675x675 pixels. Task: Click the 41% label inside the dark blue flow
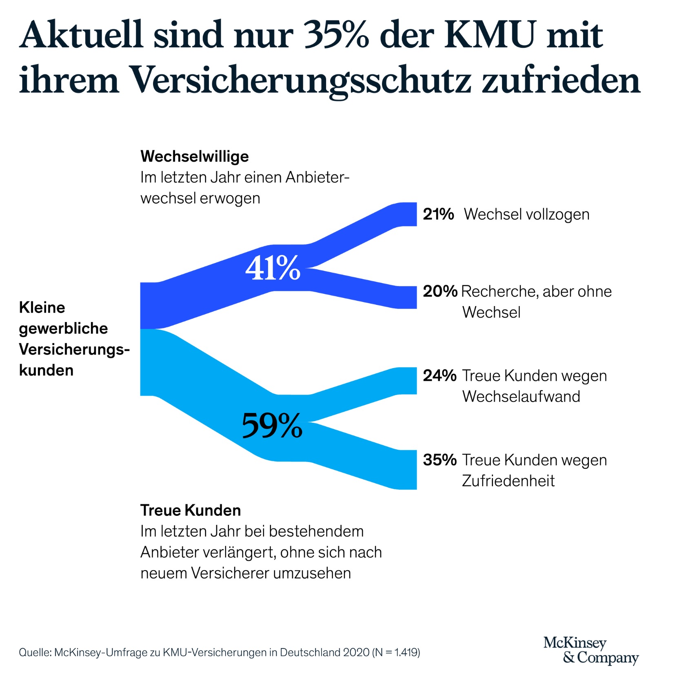(273, 268)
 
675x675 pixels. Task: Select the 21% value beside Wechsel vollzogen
(438, 214)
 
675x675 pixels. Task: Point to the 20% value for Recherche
(440, 291)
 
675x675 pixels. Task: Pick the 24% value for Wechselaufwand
(440, 375)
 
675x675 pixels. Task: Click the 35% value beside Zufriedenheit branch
(440, 460)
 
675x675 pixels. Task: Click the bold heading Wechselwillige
(194, 156)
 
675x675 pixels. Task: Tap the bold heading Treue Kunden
(191, 510)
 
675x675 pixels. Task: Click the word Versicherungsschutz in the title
(300, 80)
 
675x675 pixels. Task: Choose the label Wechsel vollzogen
(526, 214)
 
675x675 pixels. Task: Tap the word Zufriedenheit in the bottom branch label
(508, 481)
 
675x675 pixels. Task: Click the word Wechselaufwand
(521, 396)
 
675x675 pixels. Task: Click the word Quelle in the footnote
(34, 652)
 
